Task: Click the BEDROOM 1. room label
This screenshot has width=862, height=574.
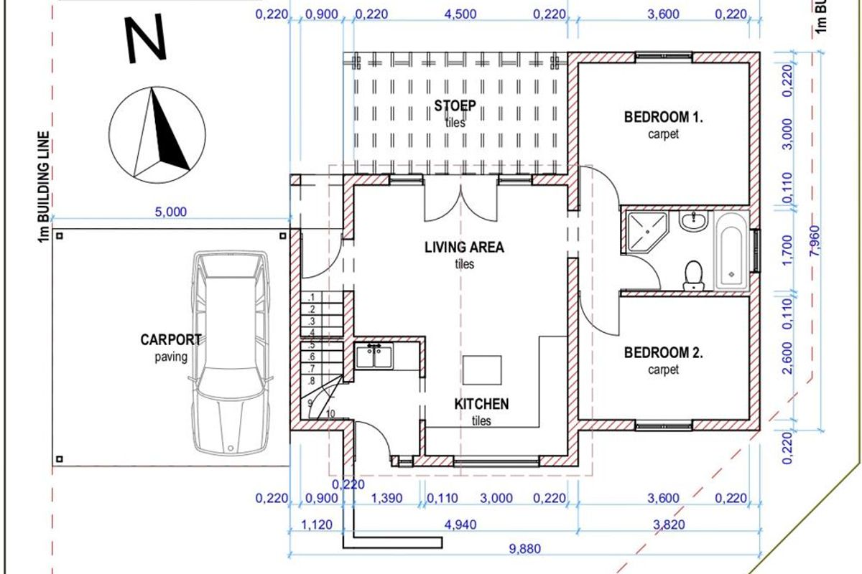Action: (664, 117)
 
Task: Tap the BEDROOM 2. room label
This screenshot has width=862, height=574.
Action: (664, 352)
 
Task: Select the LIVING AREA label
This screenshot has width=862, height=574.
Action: (464, 248)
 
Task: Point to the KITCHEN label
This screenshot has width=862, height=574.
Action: (481, 404)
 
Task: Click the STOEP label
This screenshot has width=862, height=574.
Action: (455, 105)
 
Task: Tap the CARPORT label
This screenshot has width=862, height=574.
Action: (171, 340)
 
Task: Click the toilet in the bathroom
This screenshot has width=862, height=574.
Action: (693, 276)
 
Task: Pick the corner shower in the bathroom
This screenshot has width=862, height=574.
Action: (647, 232)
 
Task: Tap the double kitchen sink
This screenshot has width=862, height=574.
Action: (374, 356)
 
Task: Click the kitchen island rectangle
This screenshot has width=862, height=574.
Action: (482, 370)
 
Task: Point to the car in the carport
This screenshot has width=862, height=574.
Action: (231, 352)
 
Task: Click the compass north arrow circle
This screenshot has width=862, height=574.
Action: (157, 135)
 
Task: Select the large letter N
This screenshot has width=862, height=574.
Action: (147, 39)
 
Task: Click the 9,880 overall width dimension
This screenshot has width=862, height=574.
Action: (525, 549)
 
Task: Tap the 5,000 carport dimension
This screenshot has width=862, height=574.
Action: (170, 212)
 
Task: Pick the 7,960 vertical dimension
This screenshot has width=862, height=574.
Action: (815, 241)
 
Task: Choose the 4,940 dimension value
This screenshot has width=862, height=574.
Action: (460, 524)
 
